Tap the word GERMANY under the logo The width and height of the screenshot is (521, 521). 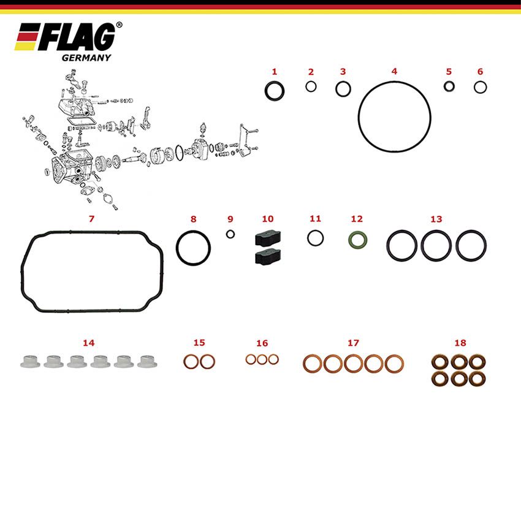tap(86, 58)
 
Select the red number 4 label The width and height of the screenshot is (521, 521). tap(394, 71)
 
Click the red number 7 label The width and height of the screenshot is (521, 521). tap(91, 218)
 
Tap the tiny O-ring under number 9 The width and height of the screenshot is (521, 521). tap(230, 234)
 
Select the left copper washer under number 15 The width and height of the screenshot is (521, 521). tap(191, 362)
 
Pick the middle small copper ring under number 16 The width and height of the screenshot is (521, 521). tap(262, 359)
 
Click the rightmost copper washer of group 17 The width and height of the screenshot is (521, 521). tap(395, 363)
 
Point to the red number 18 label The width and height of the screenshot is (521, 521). tap(460, 343)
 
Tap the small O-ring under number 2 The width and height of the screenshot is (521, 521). tap(311, 86)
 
